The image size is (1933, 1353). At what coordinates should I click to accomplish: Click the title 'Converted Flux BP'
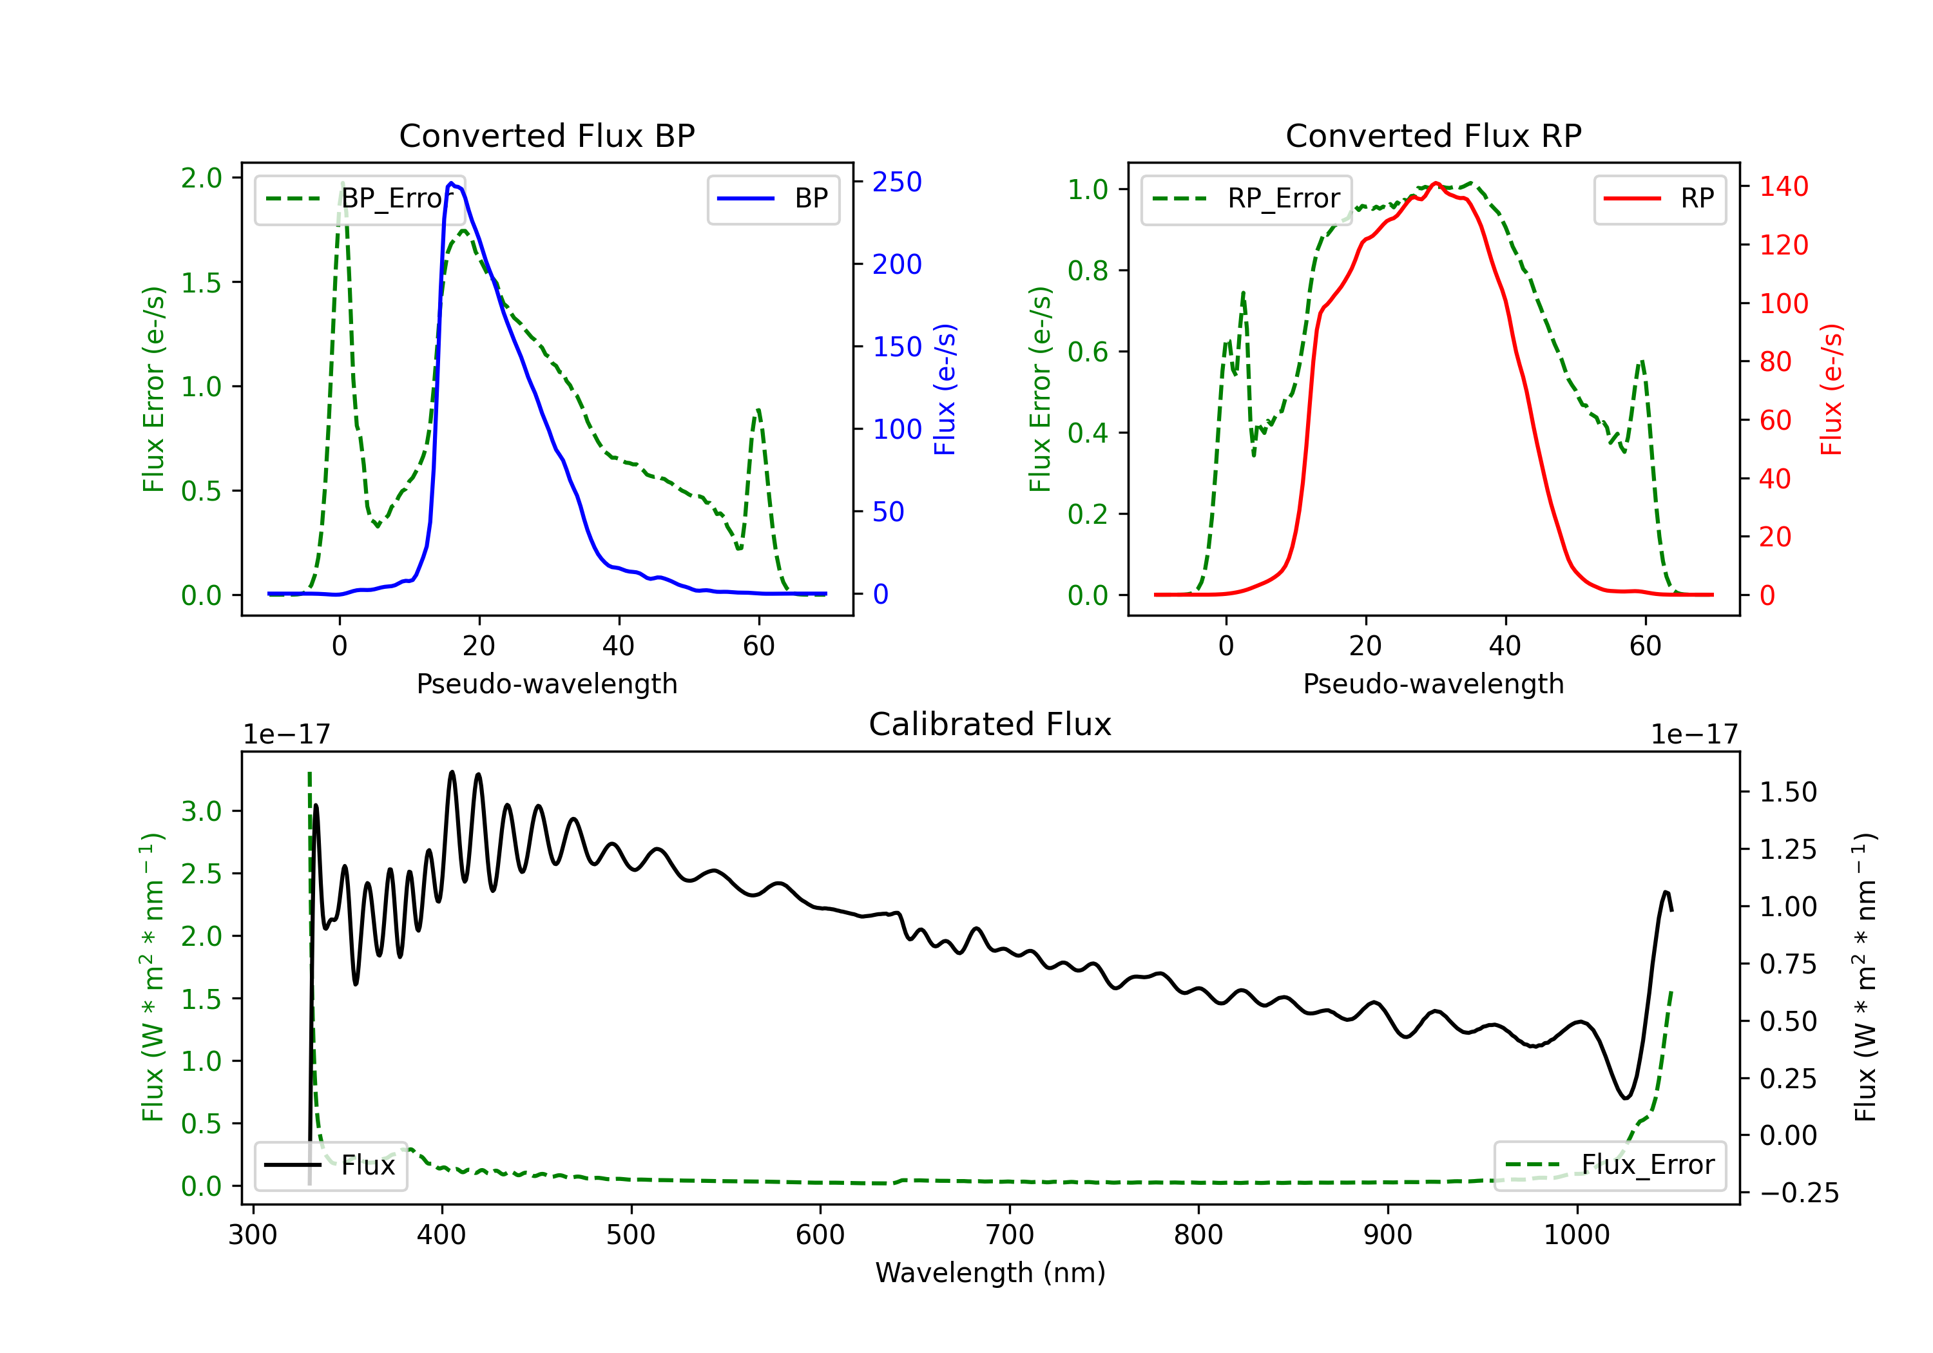pyautogui.click(x=546, y=135)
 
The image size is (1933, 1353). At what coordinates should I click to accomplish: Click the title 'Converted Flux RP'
pyautogui.click(x=1433, y=135)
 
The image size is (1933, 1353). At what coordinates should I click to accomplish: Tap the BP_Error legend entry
pyautogui.click(x=360, y=198)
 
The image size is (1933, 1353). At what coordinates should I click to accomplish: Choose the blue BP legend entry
pyautogui.click(x=773, y=198)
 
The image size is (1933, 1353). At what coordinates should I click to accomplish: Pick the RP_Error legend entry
pyautogui.click(x=1246, y=198)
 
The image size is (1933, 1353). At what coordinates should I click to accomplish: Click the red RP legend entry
pyautogui.click(x=1659, y=198)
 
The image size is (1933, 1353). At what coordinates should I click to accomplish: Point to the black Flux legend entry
pyautogui.click(x=330, y=1166)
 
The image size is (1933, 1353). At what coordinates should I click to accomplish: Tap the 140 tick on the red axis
pyautogui.click(x=1783, y=186)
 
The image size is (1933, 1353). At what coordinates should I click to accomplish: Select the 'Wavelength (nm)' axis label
pyautogui.click(x=990, y=1273)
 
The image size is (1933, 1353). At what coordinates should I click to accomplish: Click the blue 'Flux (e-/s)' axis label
pyautogui.click(x=945, y=390)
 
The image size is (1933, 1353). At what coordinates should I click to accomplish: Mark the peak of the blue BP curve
pyautogui.click(x=451, y=183)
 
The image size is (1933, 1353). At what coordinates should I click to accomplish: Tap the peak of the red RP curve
pyautogui.click(x=1436, y=184)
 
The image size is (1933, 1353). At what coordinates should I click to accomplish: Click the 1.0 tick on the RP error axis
pyautogui.click(x=1088, y=189)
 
